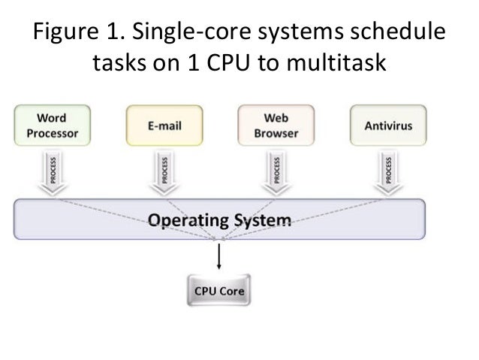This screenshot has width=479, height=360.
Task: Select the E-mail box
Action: click(x=163, y=126)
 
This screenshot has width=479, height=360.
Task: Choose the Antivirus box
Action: click(x=388, y=126)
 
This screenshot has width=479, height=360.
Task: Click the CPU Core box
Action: click(x=219, y=290)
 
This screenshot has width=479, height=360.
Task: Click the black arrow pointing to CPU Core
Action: click(x=219, y=256)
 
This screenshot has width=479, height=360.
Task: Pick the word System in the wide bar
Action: click(x=264, y=221)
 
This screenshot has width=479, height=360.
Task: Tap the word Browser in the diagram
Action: click(x=276, y=134)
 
